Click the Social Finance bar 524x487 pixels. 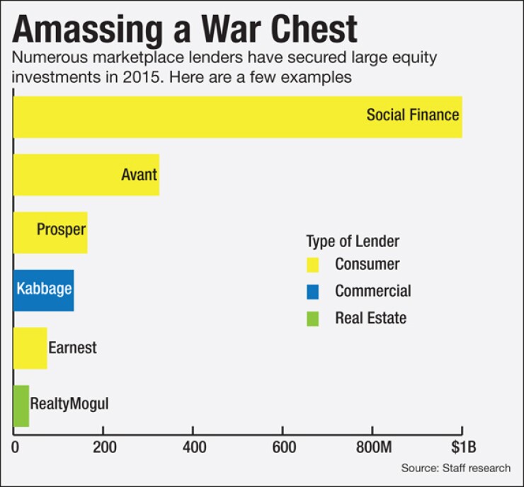237,117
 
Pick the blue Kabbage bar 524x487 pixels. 43,290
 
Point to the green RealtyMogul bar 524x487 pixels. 21,406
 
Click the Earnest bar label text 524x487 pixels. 72,348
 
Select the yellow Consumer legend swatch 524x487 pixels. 313,265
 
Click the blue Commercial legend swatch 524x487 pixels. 313,292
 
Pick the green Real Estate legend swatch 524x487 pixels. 313,319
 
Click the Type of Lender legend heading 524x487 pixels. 353,241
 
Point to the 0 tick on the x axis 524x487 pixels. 15,448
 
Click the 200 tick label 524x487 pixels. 103,448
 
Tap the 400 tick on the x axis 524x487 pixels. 193,448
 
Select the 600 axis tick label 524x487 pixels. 282,448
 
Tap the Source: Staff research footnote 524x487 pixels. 455,469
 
